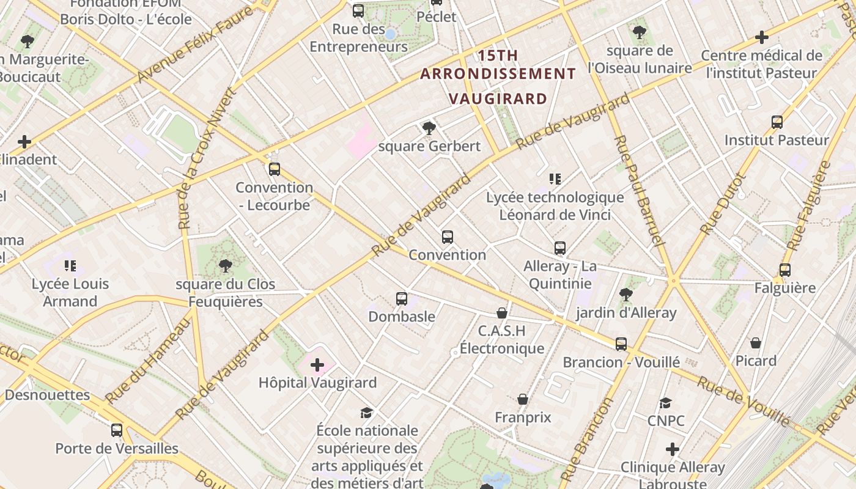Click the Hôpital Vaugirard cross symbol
(317, 366)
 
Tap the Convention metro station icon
(448, 237)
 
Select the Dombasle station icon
(402, 299)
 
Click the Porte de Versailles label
(117, 448)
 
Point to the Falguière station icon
(785, 270)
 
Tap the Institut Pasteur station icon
(777, 122)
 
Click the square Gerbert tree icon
(429, 128)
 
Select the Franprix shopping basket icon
(523, 400)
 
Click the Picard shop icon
(756, 343)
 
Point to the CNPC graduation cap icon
(665, 403)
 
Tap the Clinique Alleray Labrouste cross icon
(673, 450)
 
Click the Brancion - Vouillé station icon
(621, 344)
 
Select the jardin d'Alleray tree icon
(625, 295)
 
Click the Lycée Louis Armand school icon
(70, 266)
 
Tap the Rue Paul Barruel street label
(638, 191)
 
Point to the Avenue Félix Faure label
(194, 46)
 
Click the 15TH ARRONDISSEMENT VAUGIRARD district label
(498, 77)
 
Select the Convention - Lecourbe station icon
(275, 169)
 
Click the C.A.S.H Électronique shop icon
(502, 314)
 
